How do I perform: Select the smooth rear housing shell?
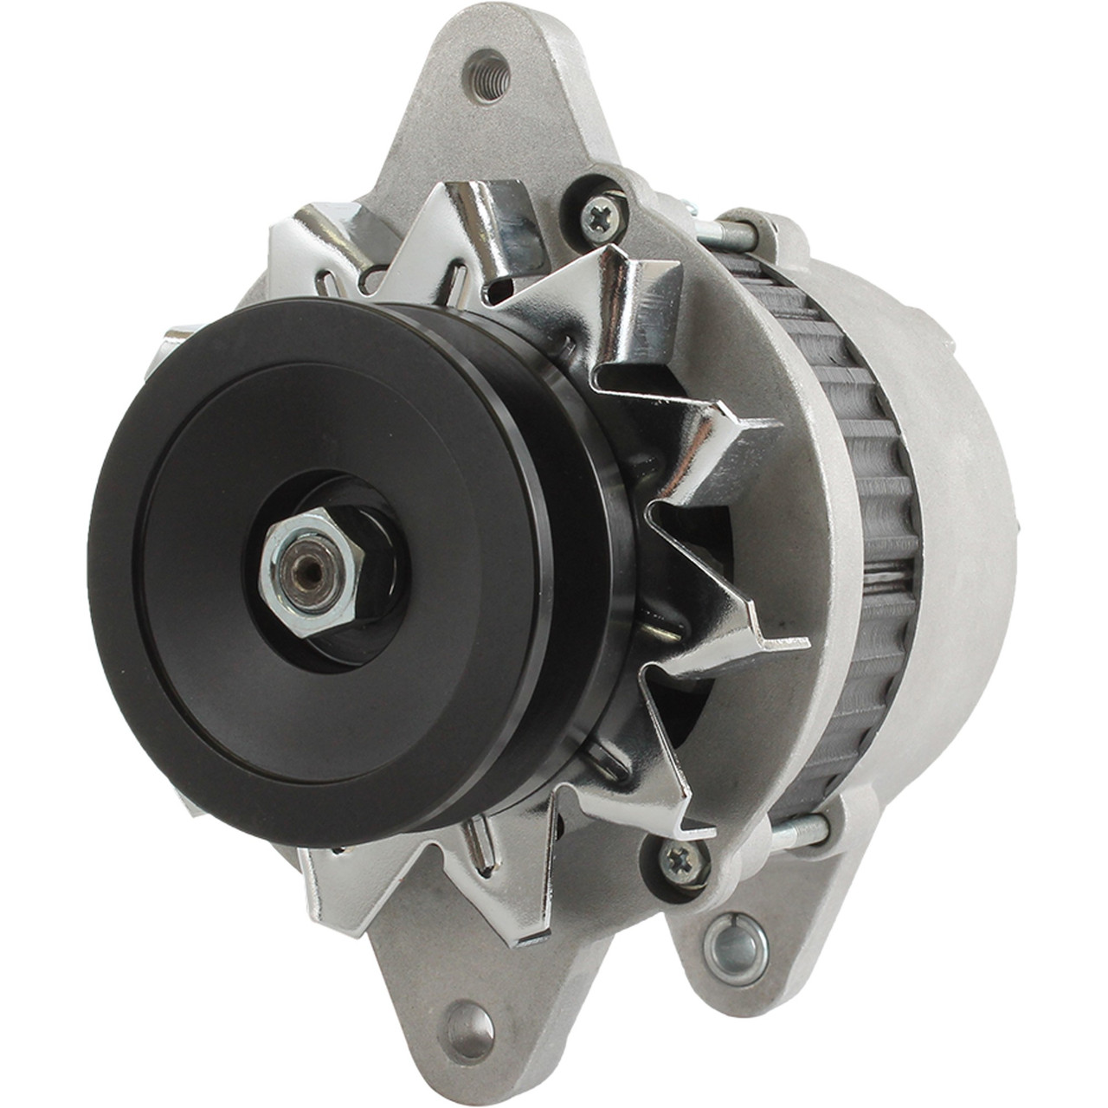961,519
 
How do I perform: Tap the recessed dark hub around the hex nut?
364,597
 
